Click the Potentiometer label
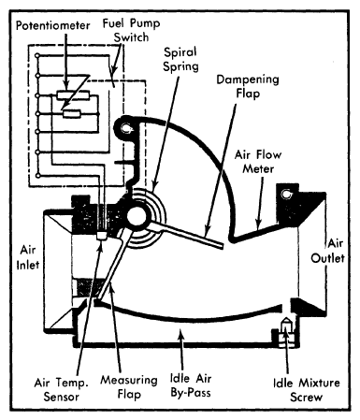[53, 25]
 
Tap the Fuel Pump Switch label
[131, 30]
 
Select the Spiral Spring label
[180, 60]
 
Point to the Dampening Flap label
[248, 86]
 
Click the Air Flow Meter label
[258, 162]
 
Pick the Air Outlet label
[328, 251]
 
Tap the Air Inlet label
[28, 257]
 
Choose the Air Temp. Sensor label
[62, 389]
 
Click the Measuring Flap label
[129, 387]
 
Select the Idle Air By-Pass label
[191, 385]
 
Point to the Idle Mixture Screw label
[307, 390]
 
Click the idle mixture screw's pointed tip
[286, 320]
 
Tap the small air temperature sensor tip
[101, 236]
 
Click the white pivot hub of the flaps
[137, 217]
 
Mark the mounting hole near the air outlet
[286, 195]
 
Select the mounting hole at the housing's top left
[126, 128]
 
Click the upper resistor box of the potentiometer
[74, 95]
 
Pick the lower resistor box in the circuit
[72, 114]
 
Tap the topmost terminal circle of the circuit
[37, 56]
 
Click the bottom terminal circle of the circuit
[38, 176]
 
